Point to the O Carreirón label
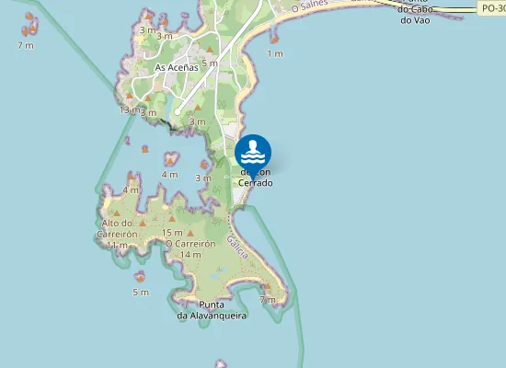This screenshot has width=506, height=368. point(190,244)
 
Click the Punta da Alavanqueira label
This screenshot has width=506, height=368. point(212,310)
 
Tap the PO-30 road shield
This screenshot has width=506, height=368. point(492,7)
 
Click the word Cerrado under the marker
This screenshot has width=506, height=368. point(256,183)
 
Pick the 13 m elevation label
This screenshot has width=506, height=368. point(129,109)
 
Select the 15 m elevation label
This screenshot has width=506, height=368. point(171,233)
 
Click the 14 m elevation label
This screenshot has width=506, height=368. point(190,255)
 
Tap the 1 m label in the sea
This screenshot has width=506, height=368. point(274,54)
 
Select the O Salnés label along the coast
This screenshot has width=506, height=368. point(309,6)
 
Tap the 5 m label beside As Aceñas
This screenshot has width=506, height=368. point(210,63)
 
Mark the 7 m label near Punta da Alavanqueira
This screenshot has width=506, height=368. point(268,300)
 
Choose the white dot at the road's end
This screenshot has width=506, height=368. point(177,112)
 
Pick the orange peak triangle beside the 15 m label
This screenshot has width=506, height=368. point(190,233)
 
